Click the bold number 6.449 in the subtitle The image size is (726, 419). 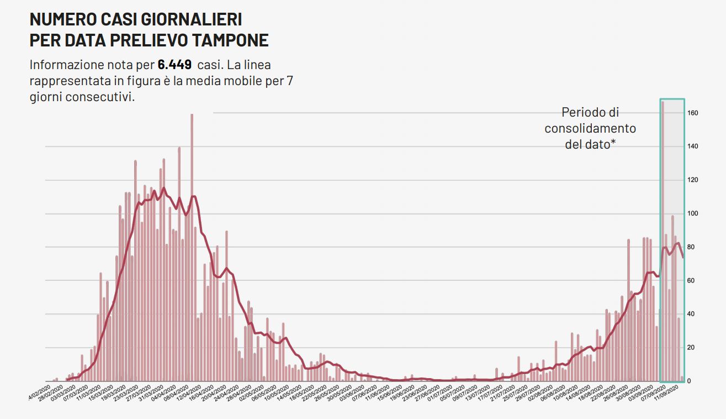174,65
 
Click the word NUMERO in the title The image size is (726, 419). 60,19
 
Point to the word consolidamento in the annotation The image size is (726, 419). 590,129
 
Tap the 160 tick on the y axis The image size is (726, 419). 693,113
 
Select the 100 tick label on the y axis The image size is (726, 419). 693,214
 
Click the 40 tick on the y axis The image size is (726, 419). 692,315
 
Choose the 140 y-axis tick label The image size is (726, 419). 693,146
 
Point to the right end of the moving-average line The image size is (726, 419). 683,257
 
